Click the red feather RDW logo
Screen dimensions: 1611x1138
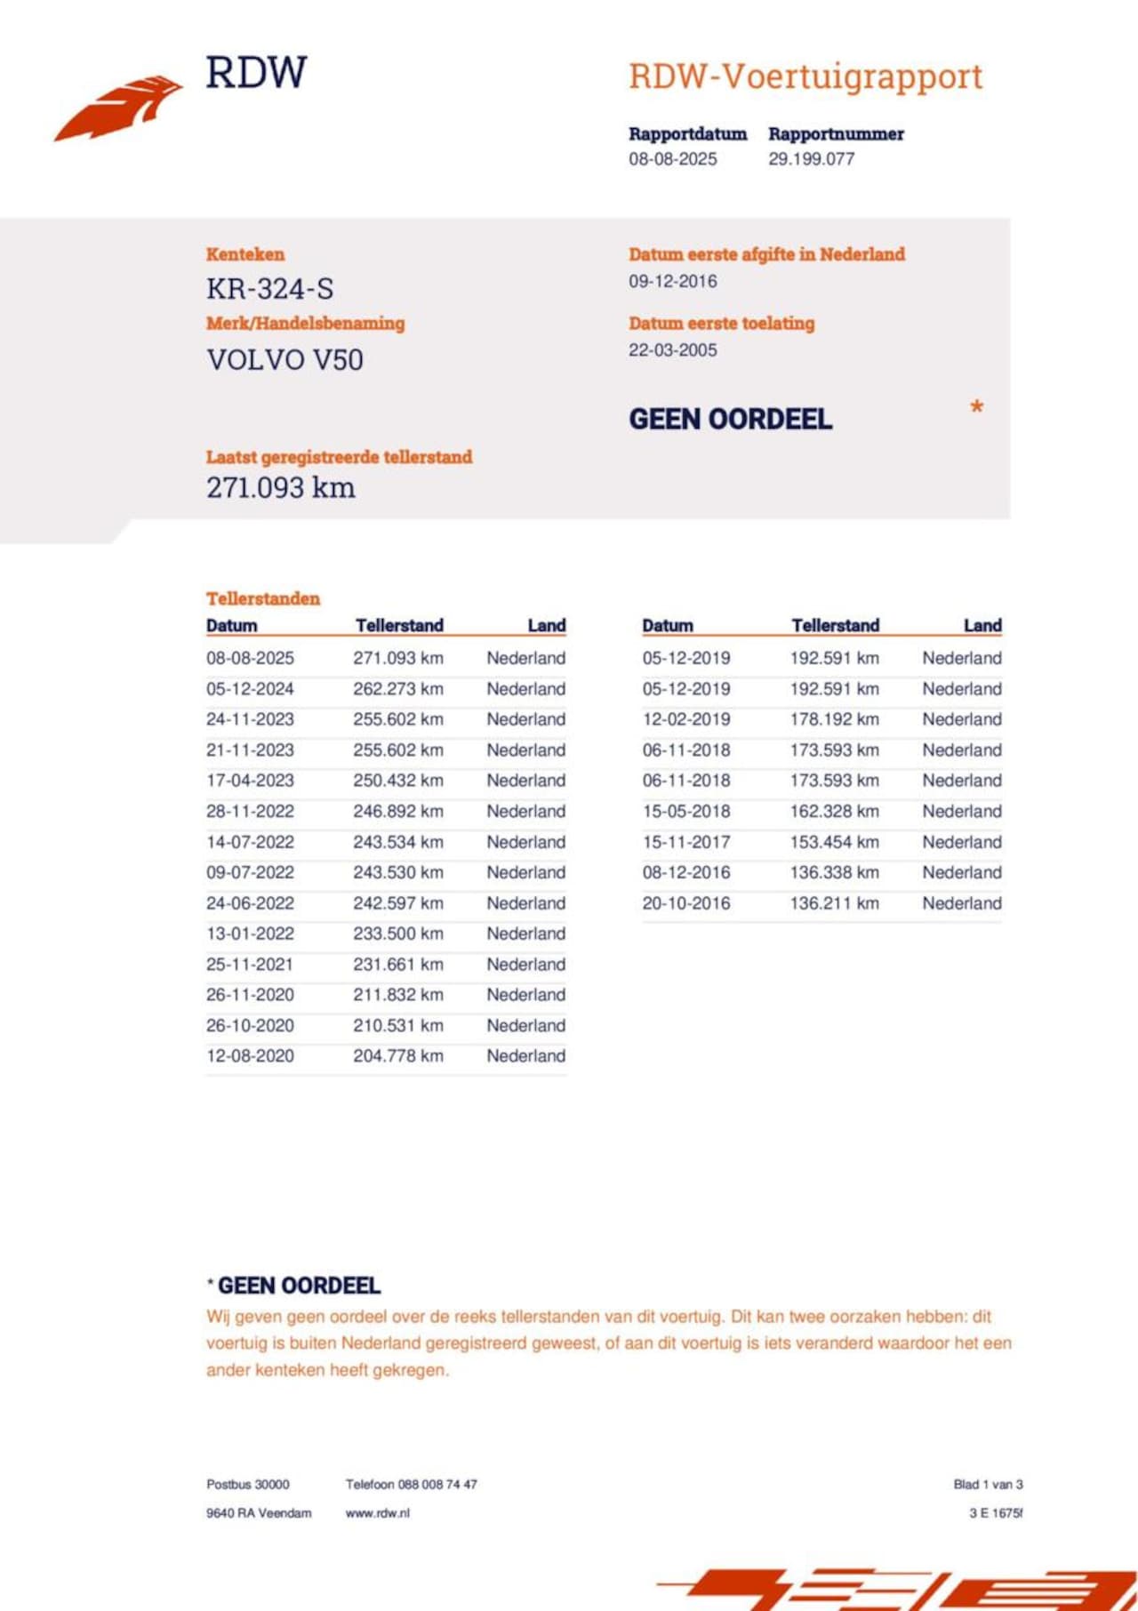(x=119, y=108)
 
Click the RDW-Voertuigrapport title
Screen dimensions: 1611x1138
(x=805, y=77)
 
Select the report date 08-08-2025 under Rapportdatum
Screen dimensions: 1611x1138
(x=672, y=159)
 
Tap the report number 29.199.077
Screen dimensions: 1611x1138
(x=811, y=159)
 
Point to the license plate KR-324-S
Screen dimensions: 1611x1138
(x=269, y=289)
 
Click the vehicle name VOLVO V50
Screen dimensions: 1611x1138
(x=284, y=360)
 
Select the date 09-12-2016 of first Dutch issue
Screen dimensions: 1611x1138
(x=672, y=281)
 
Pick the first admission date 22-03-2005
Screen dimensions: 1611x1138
(x=672, y=350)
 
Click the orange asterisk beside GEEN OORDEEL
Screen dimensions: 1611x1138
(x=976, y=408)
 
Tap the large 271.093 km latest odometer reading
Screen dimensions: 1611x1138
(x=280, y=487)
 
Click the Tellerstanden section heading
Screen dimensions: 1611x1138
(x=262, y=598)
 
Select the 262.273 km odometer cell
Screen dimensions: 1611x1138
(x=397, y=689)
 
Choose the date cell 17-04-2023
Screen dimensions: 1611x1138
(x=250, y=781)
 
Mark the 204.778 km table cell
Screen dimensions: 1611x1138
(x=397, y=1056)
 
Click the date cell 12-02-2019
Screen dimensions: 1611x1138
(x=686, y=719)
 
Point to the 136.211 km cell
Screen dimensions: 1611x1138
(x=834, y=903)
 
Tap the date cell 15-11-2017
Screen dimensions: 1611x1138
(x=686, y=842)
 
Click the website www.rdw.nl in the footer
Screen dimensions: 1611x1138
(x=377, y=1512)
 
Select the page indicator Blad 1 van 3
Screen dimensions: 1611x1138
(x=988, y=1484)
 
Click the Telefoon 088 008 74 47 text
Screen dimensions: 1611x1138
(x=411, y=1484)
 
